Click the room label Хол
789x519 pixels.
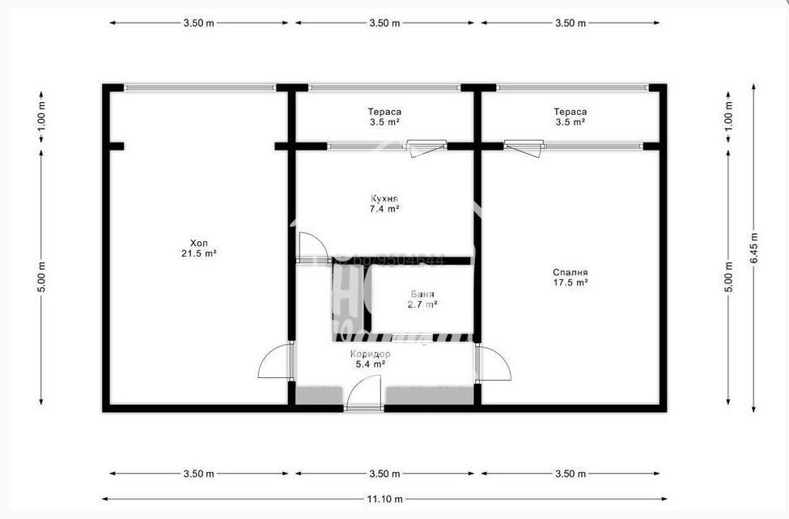(x=198, y=243)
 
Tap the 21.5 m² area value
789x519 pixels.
(x=198, y=253)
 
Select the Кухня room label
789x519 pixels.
(x=384, y=198)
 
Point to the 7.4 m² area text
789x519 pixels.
(x=384, y=209)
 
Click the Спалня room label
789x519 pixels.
(x=571, y=273)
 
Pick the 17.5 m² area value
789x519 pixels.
(x=571, y=283)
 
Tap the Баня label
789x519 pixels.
(x=422, y=295)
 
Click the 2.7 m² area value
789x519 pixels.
(x=422, y=305)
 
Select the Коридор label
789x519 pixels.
(x=371, y=355)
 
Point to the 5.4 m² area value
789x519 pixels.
(x=371, y=365)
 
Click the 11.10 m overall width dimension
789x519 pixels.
(x=384, y=499)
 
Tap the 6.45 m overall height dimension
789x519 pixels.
(x=754, y=246)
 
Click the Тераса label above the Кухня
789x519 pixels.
(x=384, y=112)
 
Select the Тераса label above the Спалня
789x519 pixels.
(x=571, y=112)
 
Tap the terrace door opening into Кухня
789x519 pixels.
(x=426, y=148)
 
